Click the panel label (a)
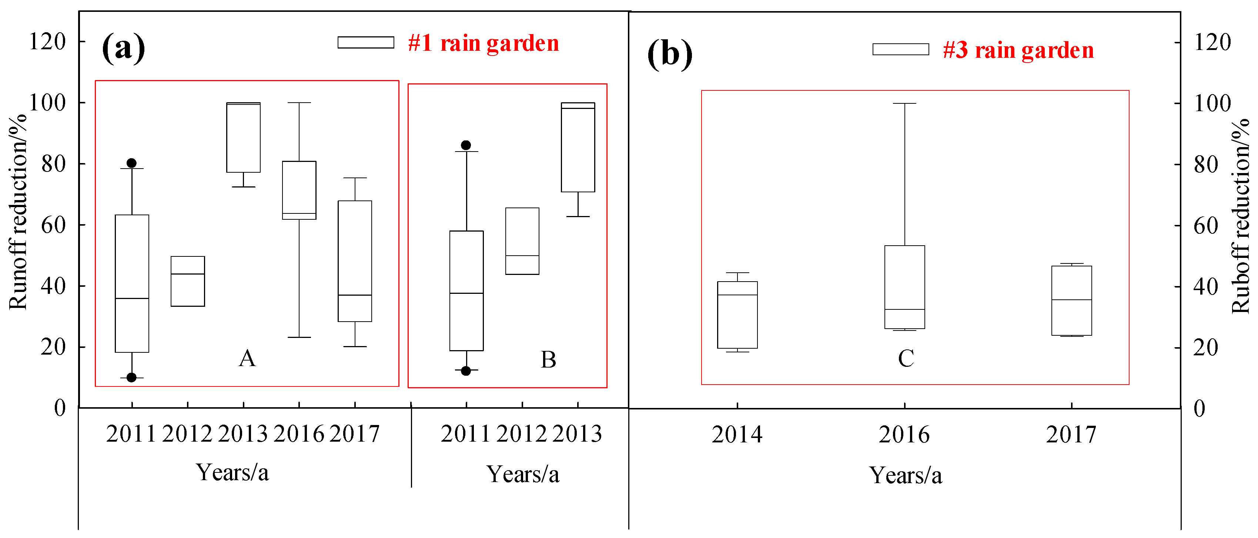pyautogui.click(x=123, y=47)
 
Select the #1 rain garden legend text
pyautogui.click(x=483, y=43)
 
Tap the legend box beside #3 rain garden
pyautogui.click(x=900, y=49)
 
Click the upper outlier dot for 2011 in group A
pyautogui.click(x=131, y=163)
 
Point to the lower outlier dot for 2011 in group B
pyautogui.click(x=466, y=371)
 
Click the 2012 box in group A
pyautogui.click(x=188, y=282)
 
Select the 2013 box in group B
pyautogui.click(x=578, y=147)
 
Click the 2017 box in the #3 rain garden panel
pyautogui.click(x=1071, y=300)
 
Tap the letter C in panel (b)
pyautogui.click(x=906, y=359)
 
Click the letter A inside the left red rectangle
pyautogui.click(x=247, y=359)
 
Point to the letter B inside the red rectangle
pyautogui.click(x=548, y=360)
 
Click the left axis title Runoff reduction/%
pyautogui.click(x=19, y=211)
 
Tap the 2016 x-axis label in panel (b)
pyautogui.click(x=904, y=434)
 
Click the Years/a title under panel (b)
pyautogui.click(x=906, y=475)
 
